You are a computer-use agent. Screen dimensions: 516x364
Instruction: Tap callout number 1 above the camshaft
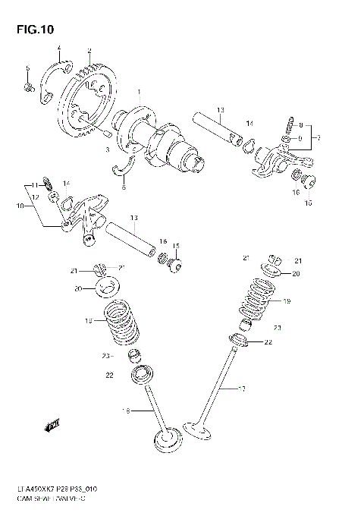click(139, 92)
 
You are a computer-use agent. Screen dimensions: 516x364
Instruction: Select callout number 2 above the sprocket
click(89, 51)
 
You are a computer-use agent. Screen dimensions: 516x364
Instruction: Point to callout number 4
click(58, 49)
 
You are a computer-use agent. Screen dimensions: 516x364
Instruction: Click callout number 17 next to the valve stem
click(242, 390)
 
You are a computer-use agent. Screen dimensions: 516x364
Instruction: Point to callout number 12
click(35, 197)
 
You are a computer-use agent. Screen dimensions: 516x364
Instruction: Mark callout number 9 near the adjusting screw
click(300, 138)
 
